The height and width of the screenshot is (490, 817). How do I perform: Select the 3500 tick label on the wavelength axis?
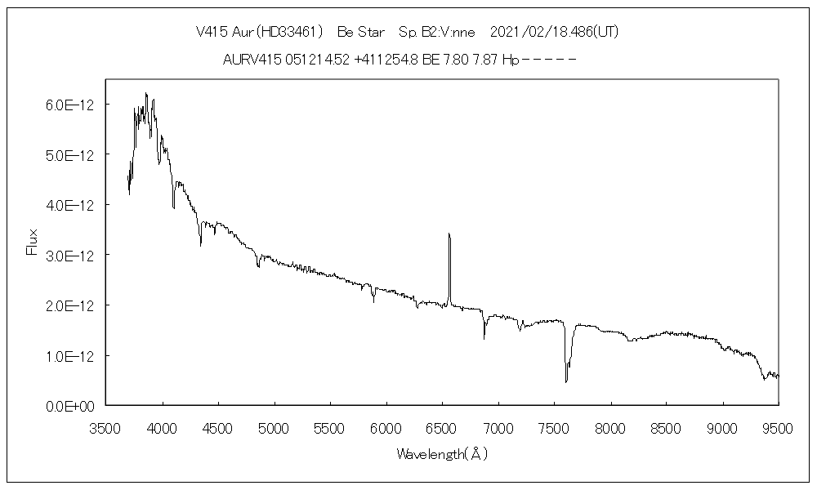(x=106, y=426)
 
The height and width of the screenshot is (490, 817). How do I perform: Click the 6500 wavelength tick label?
(x=442, y=426)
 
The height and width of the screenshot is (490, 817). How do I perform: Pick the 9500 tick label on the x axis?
(x=778, y=426)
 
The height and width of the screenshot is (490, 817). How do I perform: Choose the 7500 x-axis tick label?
(x=554, y=426)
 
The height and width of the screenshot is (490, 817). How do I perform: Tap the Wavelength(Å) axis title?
(x=442, y=454)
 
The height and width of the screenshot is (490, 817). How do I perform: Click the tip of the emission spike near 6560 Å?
(x=449, y=234)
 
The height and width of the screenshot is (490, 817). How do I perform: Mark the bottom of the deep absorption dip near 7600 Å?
(x=566, y=381)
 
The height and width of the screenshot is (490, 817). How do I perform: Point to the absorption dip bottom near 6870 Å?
(x=484, y=337)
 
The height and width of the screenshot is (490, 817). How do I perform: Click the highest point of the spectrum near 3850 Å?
(x=146, y=93)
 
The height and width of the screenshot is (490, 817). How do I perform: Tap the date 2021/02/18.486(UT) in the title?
(x=554, y=32)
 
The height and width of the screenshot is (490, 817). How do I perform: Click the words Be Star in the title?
(x=361, y=32)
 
